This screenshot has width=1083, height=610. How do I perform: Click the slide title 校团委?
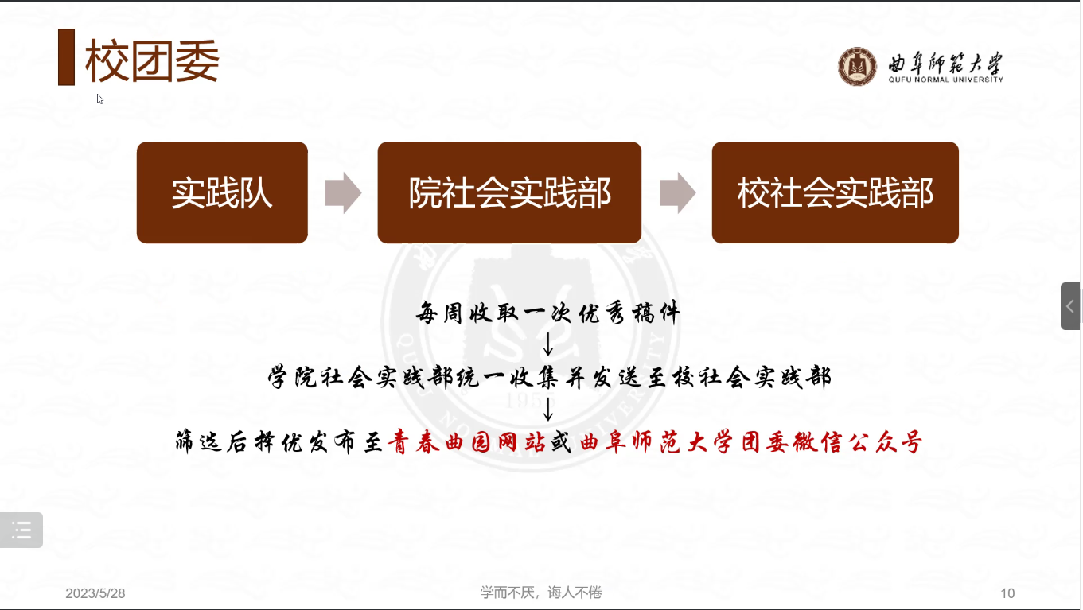(x=152, y=60)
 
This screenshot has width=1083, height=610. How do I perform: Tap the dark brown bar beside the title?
(x=66, y=57)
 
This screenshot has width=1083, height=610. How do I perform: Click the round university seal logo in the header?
(x=857, y=66)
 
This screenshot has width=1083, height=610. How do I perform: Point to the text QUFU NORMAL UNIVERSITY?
(x=945, y=80)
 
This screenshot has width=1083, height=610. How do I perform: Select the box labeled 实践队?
(x=222, y=192)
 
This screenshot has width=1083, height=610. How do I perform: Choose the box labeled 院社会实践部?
(x=509, y=192)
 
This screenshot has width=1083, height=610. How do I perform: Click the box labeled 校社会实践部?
(x=835, y=192)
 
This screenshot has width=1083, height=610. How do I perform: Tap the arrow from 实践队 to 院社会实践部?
(x=343, y=192)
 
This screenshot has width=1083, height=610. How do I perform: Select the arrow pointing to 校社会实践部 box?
(x=677, y=192)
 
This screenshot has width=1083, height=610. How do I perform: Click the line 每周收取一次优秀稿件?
(x=548, y=313)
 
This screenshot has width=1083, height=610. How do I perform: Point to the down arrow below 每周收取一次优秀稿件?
(x=547, y=344)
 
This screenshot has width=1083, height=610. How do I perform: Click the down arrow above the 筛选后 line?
(x=547, y=409)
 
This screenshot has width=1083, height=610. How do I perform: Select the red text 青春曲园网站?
(x=467, y=441)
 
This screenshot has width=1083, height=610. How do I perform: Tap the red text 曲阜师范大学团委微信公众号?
(x=751, y=441)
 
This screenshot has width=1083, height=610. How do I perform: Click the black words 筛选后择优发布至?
(x=279, y=441)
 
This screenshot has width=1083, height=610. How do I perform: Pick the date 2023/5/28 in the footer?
(x=95, y=593)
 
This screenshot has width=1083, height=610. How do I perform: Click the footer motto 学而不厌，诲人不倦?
(x=541, y=593)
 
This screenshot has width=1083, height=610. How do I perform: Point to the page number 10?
(x=1007, y=593)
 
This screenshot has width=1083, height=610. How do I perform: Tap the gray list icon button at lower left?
(x=21, y=530)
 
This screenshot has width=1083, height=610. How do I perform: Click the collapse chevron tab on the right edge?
(x=1070, y=306)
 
